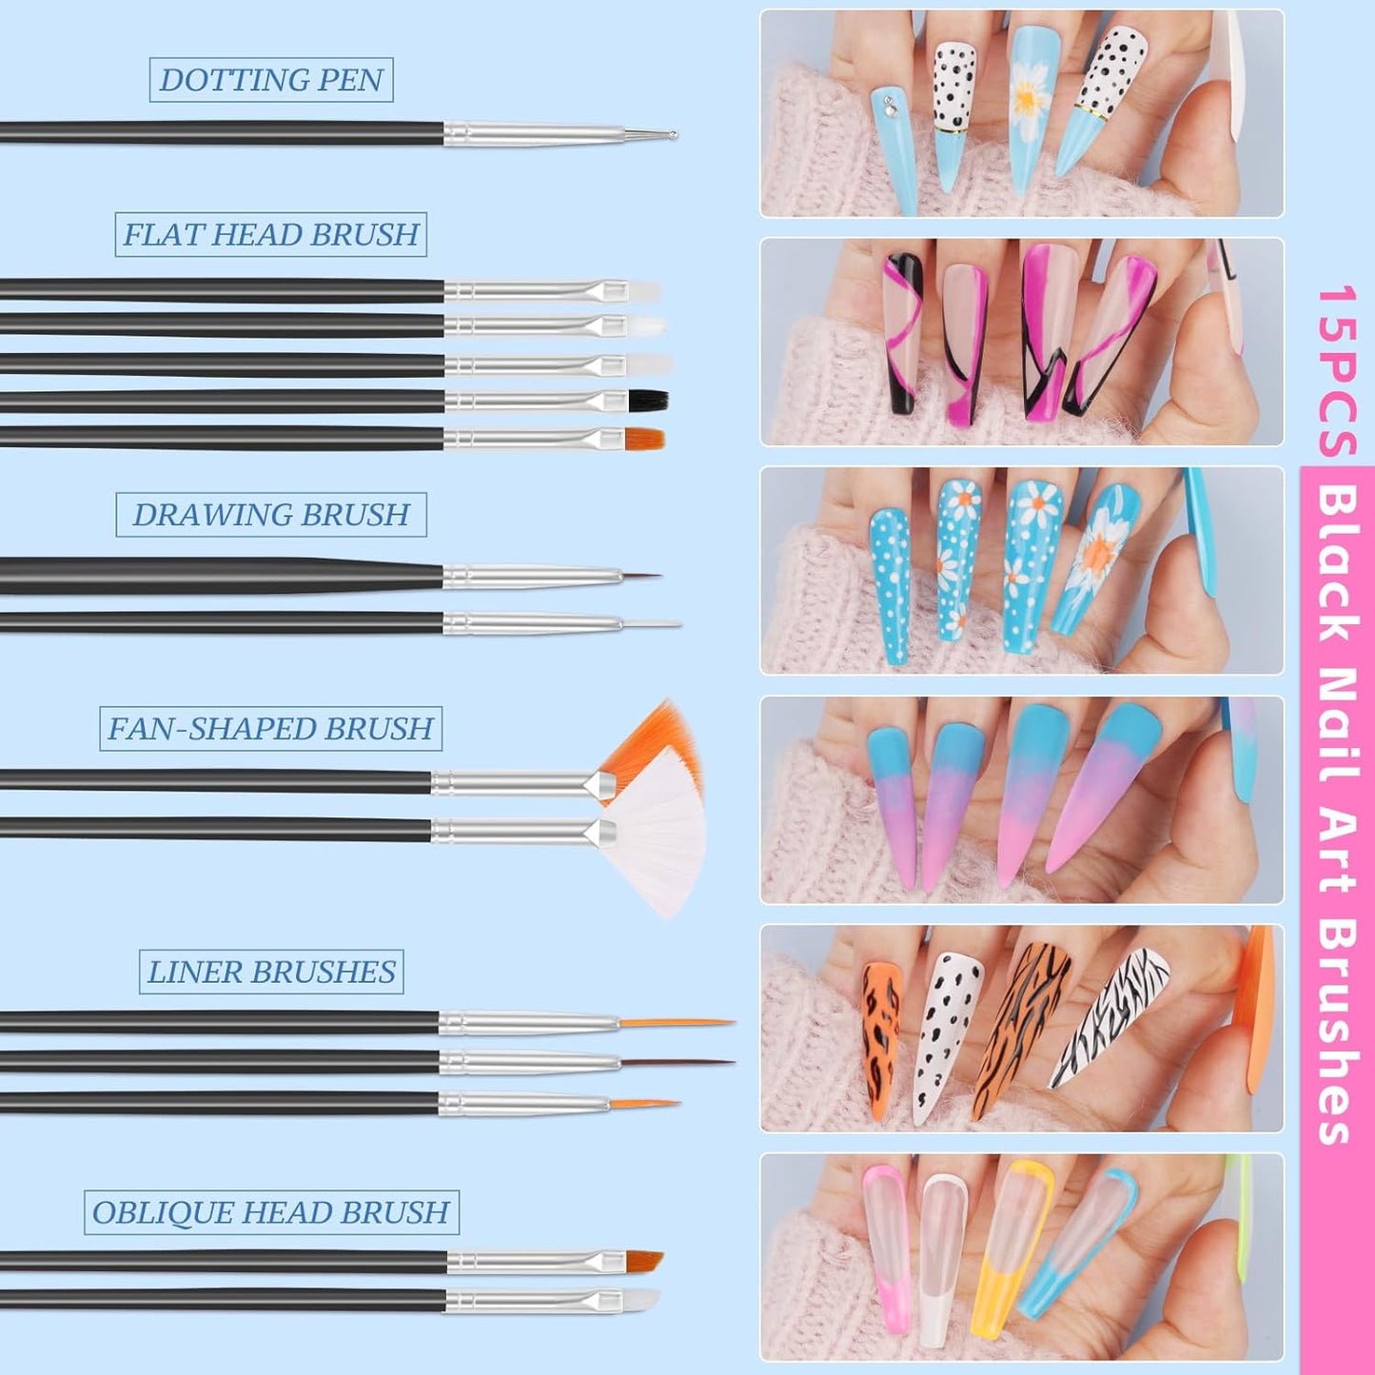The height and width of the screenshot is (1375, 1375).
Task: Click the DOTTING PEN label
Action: pyautogui.click(x=271, y=80)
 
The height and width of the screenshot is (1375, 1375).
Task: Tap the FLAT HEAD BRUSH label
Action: pyautogui.click(x=271, y=234)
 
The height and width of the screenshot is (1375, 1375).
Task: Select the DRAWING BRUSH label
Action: pyautogui.click(x=271, y=515)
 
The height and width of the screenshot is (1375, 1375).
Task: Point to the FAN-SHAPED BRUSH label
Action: pyautogui.click(x=271, y=729)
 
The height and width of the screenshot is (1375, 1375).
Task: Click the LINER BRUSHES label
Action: pyautogui.click(x=271, y=972)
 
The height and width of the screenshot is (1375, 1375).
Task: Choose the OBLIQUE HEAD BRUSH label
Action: pyautogui.click(x=271, y=1212)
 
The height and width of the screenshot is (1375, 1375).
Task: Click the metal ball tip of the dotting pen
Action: pyautogui.click(x=673, y=133)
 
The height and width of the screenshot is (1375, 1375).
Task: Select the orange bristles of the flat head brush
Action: pyautogui.click(x=645, y=437)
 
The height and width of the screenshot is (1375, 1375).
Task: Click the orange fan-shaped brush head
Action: pyautogui.click(x=653, y=746)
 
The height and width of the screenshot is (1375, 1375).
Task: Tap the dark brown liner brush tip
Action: pyautogui.click(x=677, y=1064)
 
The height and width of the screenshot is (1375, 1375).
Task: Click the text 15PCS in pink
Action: pyautogui.click(x=1333, y=371)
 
